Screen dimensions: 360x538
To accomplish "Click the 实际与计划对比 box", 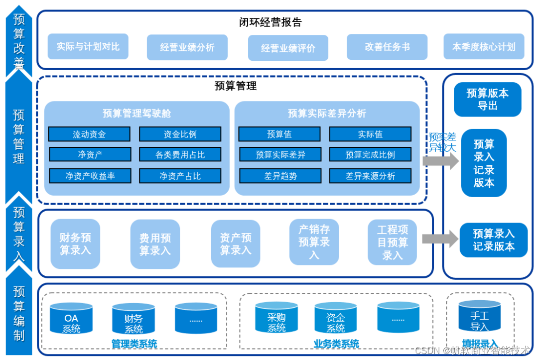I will point(88,47).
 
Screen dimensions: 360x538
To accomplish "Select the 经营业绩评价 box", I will point(288,48).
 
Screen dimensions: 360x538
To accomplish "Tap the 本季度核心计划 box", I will point(484,47).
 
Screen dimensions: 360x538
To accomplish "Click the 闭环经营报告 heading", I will point(270,22).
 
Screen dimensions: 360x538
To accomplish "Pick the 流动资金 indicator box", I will point(89,134).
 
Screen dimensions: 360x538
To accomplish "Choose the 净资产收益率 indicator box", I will point(90,176).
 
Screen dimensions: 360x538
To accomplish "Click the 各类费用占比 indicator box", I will point(180,155).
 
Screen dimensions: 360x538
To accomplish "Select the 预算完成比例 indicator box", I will point(370,155).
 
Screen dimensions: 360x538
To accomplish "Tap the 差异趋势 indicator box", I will point(279,176).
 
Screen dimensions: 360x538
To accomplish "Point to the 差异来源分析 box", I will point(370,176).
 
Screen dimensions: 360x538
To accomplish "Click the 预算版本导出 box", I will point(487,100).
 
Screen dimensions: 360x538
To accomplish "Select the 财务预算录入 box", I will point(75,244).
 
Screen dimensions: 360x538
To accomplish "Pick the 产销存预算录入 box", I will point(314,242).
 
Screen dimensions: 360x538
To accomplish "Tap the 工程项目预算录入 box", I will point(392,242).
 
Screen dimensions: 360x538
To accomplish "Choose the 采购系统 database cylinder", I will point(276,319).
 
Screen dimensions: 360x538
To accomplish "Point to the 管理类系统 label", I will point(134,344).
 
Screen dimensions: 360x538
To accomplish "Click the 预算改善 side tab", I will point(19,41).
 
